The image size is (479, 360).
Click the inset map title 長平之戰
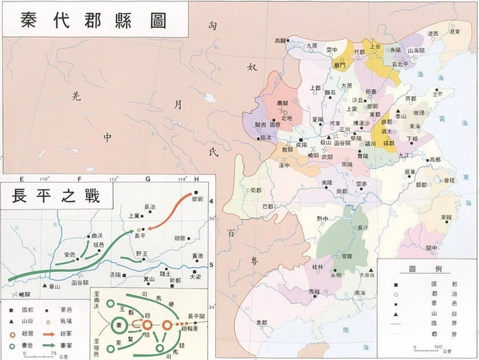tap(55, 195)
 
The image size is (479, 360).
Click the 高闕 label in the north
tap(280, 41)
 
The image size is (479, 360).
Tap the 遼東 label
tap(434, 33)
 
